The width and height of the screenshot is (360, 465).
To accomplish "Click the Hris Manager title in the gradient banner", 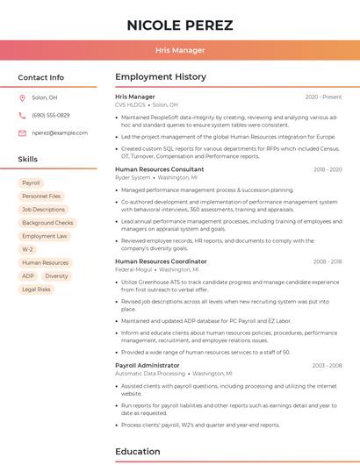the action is tap(179, 50).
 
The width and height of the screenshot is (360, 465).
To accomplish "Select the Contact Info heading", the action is tap(41, 77).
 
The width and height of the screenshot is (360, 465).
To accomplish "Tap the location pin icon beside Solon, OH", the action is tap(22, 98).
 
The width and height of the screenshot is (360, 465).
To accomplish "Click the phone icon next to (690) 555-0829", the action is tap(22, 115).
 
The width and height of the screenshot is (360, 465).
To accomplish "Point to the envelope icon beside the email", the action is tap(22, 132).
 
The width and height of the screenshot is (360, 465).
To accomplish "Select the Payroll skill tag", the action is tap(31, 183).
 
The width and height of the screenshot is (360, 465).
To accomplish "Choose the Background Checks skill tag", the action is tap(47, 223).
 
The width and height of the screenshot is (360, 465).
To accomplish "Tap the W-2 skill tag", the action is tap(27, 249).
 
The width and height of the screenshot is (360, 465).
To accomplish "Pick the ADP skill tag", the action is tap(28, 275).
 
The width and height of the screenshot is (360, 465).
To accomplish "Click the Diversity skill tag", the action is tap(56, 275).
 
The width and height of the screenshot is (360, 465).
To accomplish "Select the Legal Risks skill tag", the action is tap(36, 289).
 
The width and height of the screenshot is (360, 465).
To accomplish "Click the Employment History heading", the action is tap(161, 77).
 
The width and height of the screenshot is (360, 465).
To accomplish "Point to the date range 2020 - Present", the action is tap(323, 97).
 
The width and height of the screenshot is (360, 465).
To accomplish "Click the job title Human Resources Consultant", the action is tap(159, 169).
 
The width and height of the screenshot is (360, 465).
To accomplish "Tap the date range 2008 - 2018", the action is tap(327, 261).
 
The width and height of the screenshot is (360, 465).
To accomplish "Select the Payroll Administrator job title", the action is tap(147, 365).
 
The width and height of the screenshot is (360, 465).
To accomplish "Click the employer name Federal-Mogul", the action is tap(133, 269).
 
